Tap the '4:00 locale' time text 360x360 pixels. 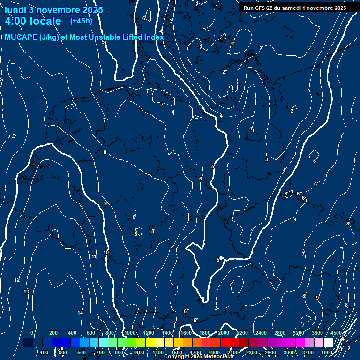coord(33,21)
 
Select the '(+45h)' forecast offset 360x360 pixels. coord(81,21)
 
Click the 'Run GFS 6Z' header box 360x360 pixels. coord(294,8)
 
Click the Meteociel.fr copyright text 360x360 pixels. coord(199,357)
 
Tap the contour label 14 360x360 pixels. coord(80,313)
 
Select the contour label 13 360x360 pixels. coord(26,292)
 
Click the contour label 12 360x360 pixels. coord(17,280)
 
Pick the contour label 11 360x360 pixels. coord(94,256)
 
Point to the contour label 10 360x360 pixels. coord(106,252)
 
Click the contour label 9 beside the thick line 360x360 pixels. coord(105,203)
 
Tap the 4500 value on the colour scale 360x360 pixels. coord(336,333)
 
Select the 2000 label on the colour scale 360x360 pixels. coord(223,333)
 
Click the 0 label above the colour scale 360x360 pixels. coord(32,333)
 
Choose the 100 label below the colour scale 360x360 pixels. coord(45,352)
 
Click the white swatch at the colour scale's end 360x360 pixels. coord(337,343)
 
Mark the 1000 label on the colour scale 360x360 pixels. coord(129,333)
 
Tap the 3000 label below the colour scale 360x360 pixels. coord(289,352)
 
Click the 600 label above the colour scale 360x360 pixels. coord(91,333)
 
